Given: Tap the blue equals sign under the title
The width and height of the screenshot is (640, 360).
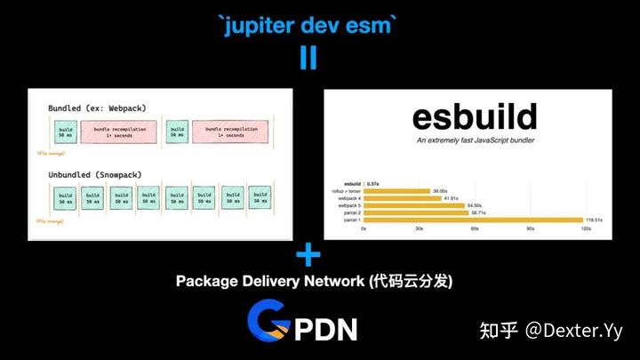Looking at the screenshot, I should [308, 57].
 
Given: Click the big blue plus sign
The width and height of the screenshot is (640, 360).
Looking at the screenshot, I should [308, 257].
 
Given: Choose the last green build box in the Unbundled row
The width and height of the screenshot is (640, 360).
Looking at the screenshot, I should [260, 197].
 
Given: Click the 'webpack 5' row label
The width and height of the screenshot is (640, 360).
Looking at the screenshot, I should [343, 205].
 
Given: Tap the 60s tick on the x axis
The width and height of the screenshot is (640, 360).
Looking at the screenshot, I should [474, 229].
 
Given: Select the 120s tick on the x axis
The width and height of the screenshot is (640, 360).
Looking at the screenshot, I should [585, 229].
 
